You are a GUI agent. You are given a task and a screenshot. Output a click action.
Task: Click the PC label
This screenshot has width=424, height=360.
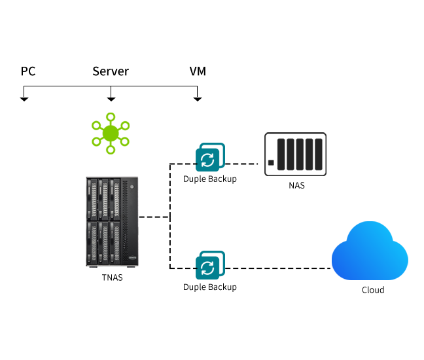click(x=28, y=71)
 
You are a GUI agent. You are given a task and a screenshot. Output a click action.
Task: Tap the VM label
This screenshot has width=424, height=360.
click(x=197, y=71)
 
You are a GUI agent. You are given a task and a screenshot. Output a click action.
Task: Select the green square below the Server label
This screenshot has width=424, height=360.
click(x=110, y=134)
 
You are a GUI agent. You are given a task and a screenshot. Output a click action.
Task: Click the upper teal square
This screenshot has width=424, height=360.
click(x=210, y=157)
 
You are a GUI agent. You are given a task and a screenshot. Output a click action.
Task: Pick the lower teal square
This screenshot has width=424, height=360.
click(x=210, y=265)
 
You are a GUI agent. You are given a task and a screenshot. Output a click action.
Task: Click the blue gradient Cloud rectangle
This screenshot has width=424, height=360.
click(x=370, y=251)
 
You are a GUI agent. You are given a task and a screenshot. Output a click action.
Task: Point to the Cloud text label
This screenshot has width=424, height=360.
click(x=373, y=289)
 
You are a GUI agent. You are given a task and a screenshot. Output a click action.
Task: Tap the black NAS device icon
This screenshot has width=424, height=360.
click(x=295, y=154)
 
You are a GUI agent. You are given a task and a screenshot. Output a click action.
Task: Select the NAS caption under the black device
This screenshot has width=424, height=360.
click(x=296, y=185)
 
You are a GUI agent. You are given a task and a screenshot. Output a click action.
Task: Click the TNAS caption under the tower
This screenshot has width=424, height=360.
click(x=112, y=277)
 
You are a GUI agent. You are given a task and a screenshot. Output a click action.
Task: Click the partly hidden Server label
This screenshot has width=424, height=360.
click(x=110, y=71)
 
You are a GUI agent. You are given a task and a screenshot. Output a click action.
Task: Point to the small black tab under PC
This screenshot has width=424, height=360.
click(x=24, y=100)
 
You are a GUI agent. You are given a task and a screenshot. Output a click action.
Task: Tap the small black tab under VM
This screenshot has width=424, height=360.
click(x=197, y=100)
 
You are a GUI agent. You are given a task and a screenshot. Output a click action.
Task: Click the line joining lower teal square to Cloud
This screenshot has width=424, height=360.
click(x=278, y=268)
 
